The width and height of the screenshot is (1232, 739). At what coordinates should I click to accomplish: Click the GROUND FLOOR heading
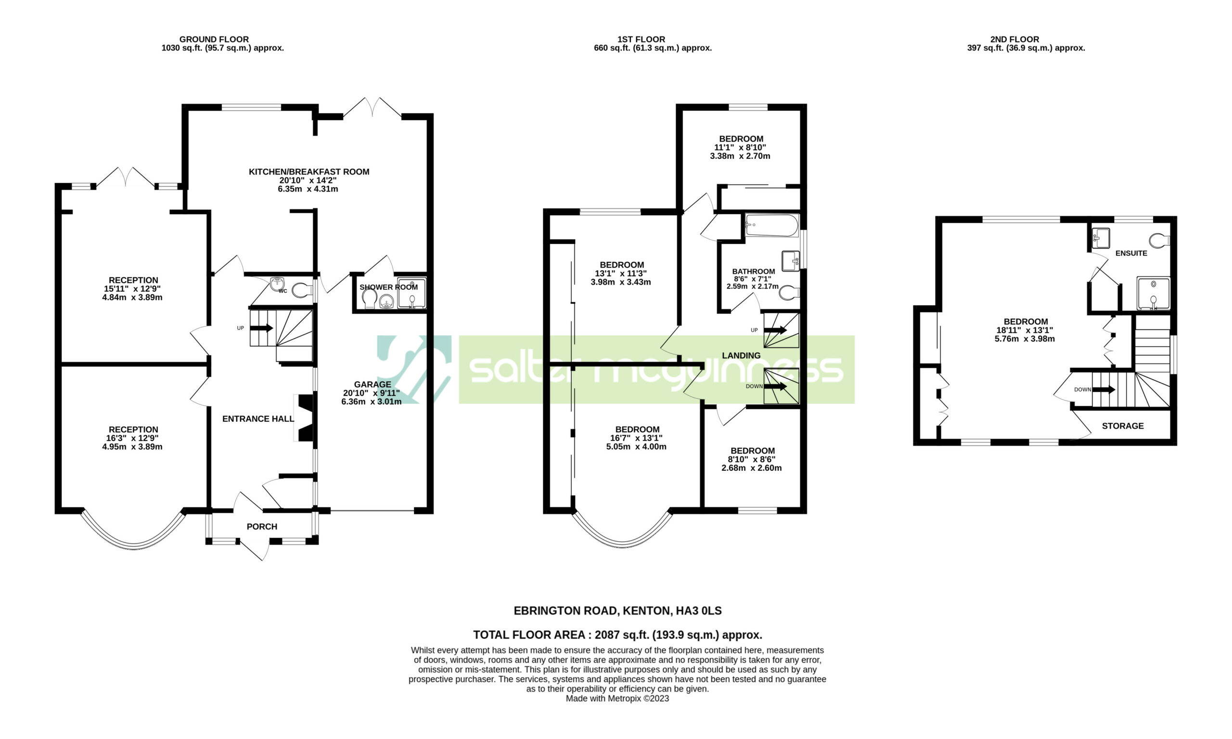pyautogui.click(x=214, y=39)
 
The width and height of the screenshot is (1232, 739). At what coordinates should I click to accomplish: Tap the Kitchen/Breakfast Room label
pyautogui.click(x=309, y=172)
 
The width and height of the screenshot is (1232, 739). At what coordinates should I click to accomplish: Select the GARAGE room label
pyautogui.click(x=372, y=385)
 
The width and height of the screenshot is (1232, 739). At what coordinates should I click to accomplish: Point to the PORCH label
pyautogui.click(x=262, y=526)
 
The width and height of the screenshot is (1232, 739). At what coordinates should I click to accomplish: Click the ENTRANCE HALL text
pyautogui.click(x=258, y=419)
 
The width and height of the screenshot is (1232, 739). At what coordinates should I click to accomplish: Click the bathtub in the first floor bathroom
pyautogui.click(x=772, y=226)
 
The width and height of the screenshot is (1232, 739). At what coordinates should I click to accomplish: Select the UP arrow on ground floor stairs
pyautogui.click(x=261, y=328)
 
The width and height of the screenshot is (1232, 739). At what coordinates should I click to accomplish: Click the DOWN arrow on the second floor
pyautogui.click(x=1104, y=389)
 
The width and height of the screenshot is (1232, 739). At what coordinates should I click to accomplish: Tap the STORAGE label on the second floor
pyautogui.click(x=1122, y=426)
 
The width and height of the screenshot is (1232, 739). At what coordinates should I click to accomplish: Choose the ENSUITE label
pyautogui.click(x=1131, y=253)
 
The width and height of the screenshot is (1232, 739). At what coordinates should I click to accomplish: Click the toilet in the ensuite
pyautogui.click(x=1160, y=241)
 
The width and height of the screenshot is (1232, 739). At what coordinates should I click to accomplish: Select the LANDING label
pyautogui.click(x=741, y=356)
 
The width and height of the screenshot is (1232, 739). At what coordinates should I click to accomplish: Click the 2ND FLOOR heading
pyautogui.click(x=1014, y=39)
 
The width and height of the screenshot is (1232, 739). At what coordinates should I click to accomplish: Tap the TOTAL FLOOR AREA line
pyautogui.click(x=617, y=635)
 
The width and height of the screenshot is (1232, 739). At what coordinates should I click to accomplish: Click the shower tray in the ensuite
pyautogui.click(x=1154, y=293)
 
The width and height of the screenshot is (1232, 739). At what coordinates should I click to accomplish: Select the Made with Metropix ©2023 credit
pyautogui.click(x=617, y=698)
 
